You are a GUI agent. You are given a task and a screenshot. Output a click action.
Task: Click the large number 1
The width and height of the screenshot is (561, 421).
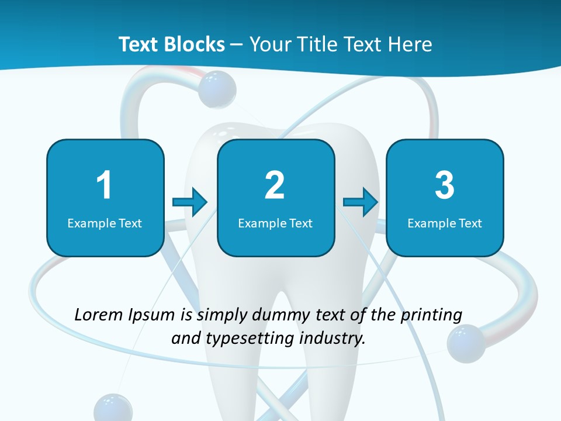tap(104, 185)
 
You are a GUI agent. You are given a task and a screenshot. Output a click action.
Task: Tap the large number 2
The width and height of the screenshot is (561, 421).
tap(275, 185)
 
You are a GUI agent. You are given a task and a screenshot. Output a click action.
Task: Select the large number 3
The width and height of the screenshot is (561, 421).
tap(445, 185)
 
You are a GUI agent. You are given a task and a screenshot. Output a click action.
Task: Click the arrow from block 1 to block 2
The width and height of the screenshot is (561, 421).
tap(190, 202)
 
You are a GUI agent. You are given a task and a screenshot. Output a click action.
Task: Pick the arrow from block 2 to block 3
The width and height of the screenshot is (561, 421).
tap(361, 202)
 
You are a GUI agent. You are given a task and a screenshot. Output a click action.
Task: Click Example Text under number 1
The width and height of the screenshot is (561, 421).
tap(105, 223)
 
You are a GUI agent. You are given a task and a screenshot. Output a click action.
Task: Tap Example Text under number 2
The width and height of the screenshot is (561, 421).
tap(275, 223)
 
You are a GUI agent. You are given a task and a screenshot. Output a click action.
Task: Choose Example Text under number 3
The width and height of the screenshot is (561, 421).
tap(445, 223)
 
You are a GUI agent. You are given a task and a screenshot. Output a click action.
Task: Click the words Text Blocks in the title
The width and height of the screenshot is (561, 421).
tap(172, 44)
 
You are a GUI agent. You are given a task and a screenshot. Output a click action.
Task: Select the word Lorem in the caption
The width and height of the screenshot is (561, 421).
tap(99, 315)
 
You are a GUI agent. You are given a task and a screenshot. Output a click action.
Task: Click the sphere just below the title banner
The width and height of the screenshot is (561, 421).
tap(217, 89)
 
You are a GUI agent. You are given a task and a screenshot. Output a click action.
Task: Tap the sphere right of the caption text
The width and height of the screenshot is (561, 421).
tap(466, 343)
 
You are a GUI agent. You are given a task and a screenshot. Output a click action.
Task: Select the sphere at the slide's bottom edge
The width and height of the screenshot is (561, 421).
tap(113, 408)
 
